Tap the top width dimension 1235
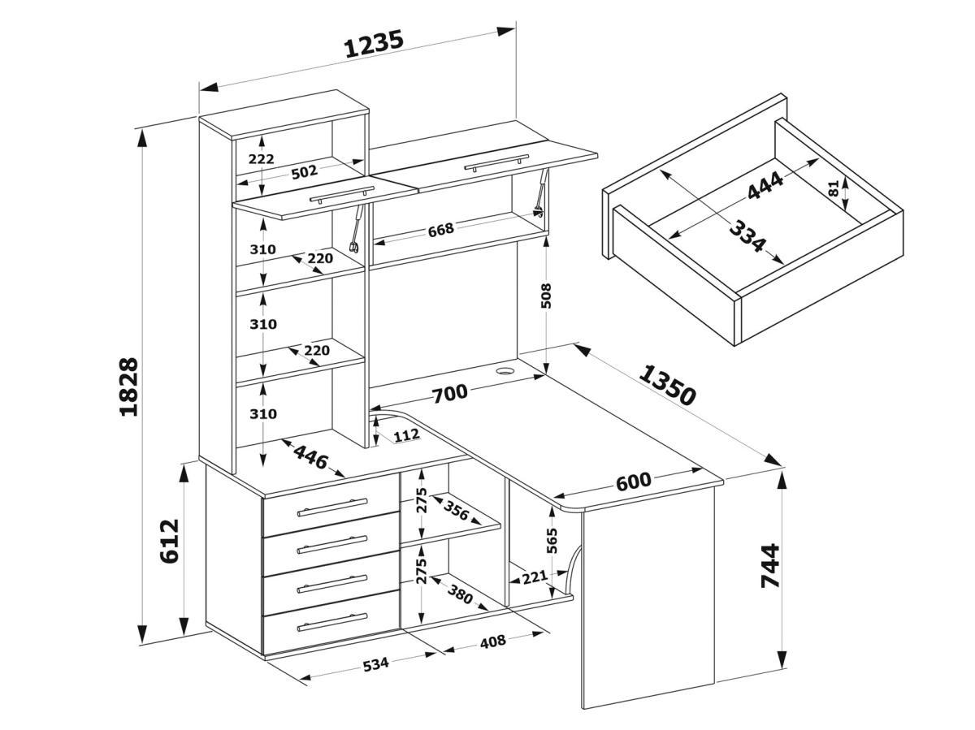[x=374, y=45]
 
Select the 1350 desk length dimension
[x=667, y=385]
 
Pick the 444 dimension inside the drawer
[x=765, y=186]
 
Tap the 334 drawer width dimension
[x=746, y=236]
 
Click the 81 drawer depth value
[x=833, y=188]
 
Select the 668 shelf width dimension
[x=440, y=229]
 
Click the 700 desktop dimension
[x=449, y=394]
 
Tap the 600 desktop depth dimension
[x=633, y=482]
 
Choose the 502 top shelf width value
[x=304, y=171]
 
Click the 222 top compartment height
[x=261, y=159]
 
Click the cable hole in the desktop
[x=505, y=370]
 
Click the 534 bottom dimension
[x=375, y=664]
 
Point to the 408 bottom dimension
[x=493, y=641]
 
